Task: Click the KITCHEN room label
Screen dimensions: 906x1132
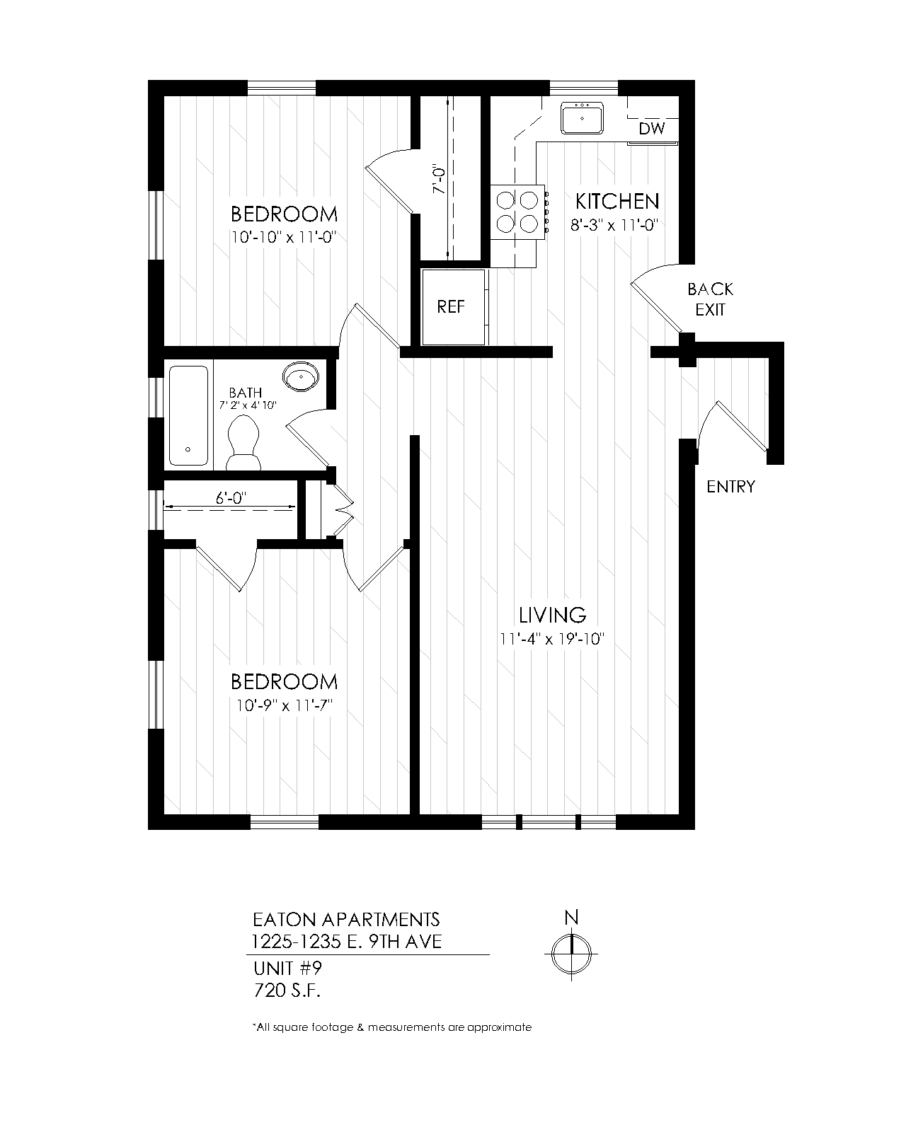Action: click(x=617, y=202)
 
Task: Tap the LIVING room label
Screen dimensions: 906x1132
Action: click(x=552, y=615)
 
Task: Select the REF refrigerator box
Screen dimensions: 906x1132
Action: click(x=453, y=307)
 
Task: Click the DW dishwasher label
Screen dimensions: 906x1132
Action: click(x=652, y=128)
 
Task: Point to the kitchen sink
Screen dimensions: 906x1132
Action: click(x=582, y=118)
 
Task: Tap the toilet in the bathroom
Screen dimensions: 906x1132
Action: click(x=243, y=443)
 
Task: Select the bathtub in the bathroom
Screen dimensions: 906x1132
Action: click(x=188, y=415)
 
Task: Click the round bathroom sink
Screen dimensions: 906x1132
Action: click(x=301, y=376)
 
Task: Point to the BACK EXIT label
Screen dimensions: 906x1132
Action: click(x=710, y=299)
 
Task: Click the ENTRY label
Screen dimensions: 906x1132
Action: click(x=730, y=487)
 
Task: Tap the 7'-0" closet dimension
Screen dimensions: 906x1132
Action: click(x=439, y=180)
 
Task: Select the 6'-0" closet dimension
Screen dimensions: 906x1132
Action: click(x=231, y=497)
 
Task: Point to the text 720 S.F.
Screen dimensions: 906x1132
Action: click(x=287, y=991)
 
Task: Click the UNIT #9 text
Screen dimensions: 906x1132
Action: click(x=287, y=969)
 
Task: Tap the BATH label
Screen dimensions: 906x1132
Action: click(x=246, y=393)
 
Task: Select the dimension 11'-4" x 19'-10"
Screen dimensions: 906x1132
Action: click(x=551, y=639)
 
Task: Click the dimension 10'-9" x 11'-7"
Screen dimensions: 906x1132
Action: click(x=285, y=705)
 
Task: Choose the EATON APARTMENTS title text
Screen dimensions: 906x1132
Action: click(x=346, y=920)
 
